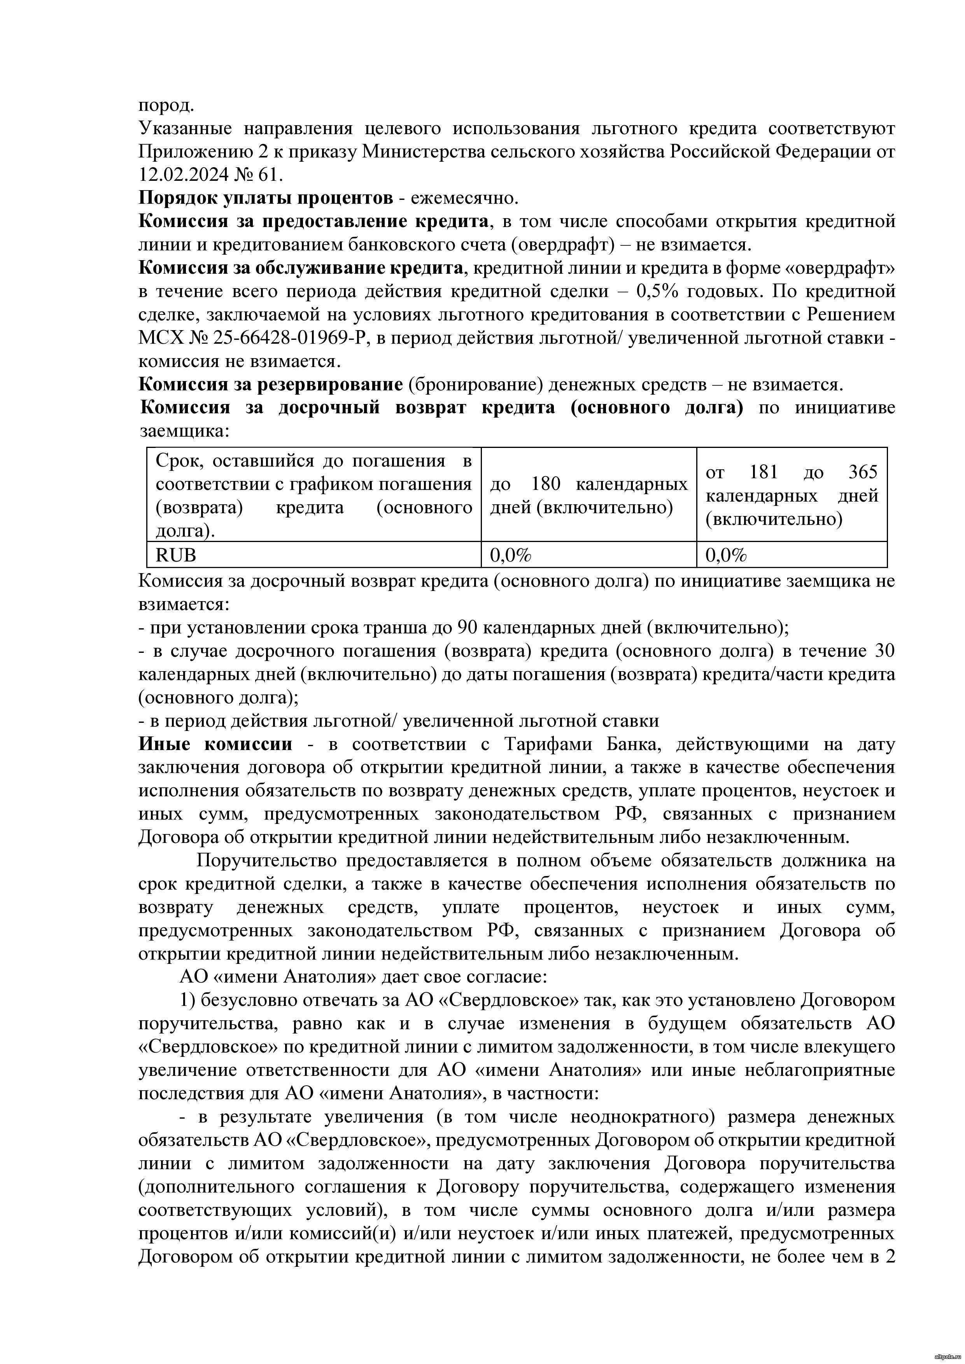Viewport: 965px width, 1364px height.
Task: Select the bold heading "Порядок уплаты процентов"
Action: [266, 198]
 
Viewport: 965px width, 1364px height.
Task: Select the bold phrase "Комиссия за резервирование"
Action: [271, 385]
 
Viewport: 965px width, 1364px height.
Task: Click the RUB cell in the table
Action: [176, 555]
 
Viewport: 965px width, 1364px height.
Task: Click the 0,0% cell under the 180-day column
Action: [510, 555]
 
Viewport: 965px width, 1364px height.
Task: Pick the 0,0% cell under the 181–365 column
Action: [726, 555]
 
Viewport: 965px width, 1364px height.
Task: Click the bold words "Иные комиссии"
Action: [216, 744]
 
